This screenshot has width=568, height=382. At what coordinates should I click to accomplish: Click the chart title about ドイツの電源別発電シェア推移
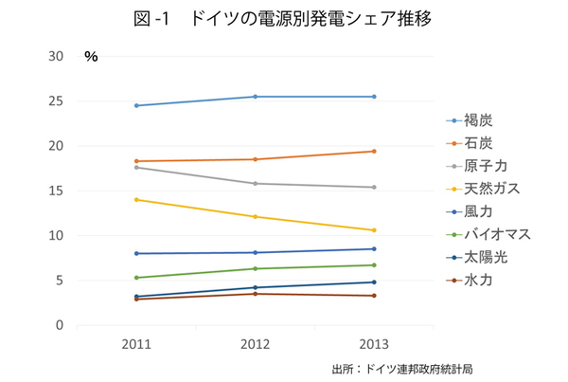283,18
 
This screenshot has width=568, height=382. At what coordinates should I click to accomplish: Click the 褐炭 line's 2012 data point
256,97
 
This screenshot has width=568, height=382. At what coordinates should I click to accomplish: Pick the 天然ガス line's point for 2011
136,199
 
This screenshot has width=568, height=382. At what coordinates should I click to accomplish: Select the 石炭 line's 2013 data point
374,151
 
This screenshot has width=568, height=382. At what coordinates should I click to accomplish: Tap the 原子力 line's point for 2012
256,184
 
